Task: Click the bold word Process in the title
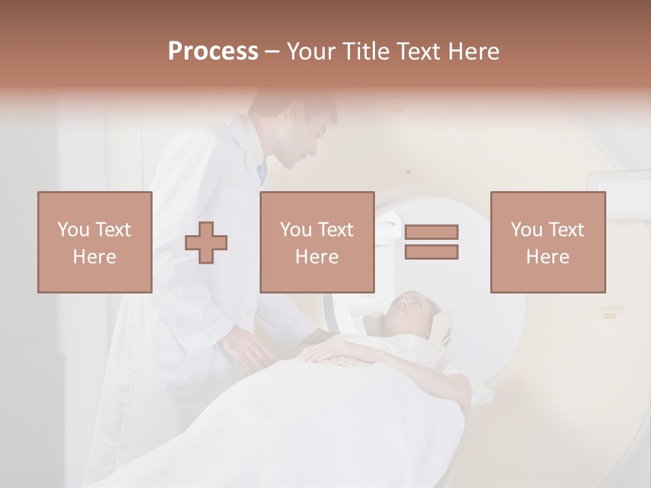[x=213, y=52]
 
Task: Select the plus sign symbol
[x=206, y=243]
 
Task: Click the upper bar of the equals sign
[x=431, y=232]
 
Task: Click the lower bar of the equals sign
[x=431, y=252]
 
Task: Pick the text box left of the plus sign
[x=95, y=243]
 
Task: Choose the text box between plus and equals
[x=317, y=243]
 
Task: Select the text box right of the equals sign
[x=547, y=243]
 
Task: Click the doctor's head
[x=298, y=129]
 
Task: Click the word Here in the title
[x=475, y=52]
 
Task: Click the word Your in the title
[x=311, y=52]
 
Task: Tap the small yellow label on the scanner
[x=610, y=314]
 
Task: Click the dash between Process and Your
[x=272, y=52]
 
